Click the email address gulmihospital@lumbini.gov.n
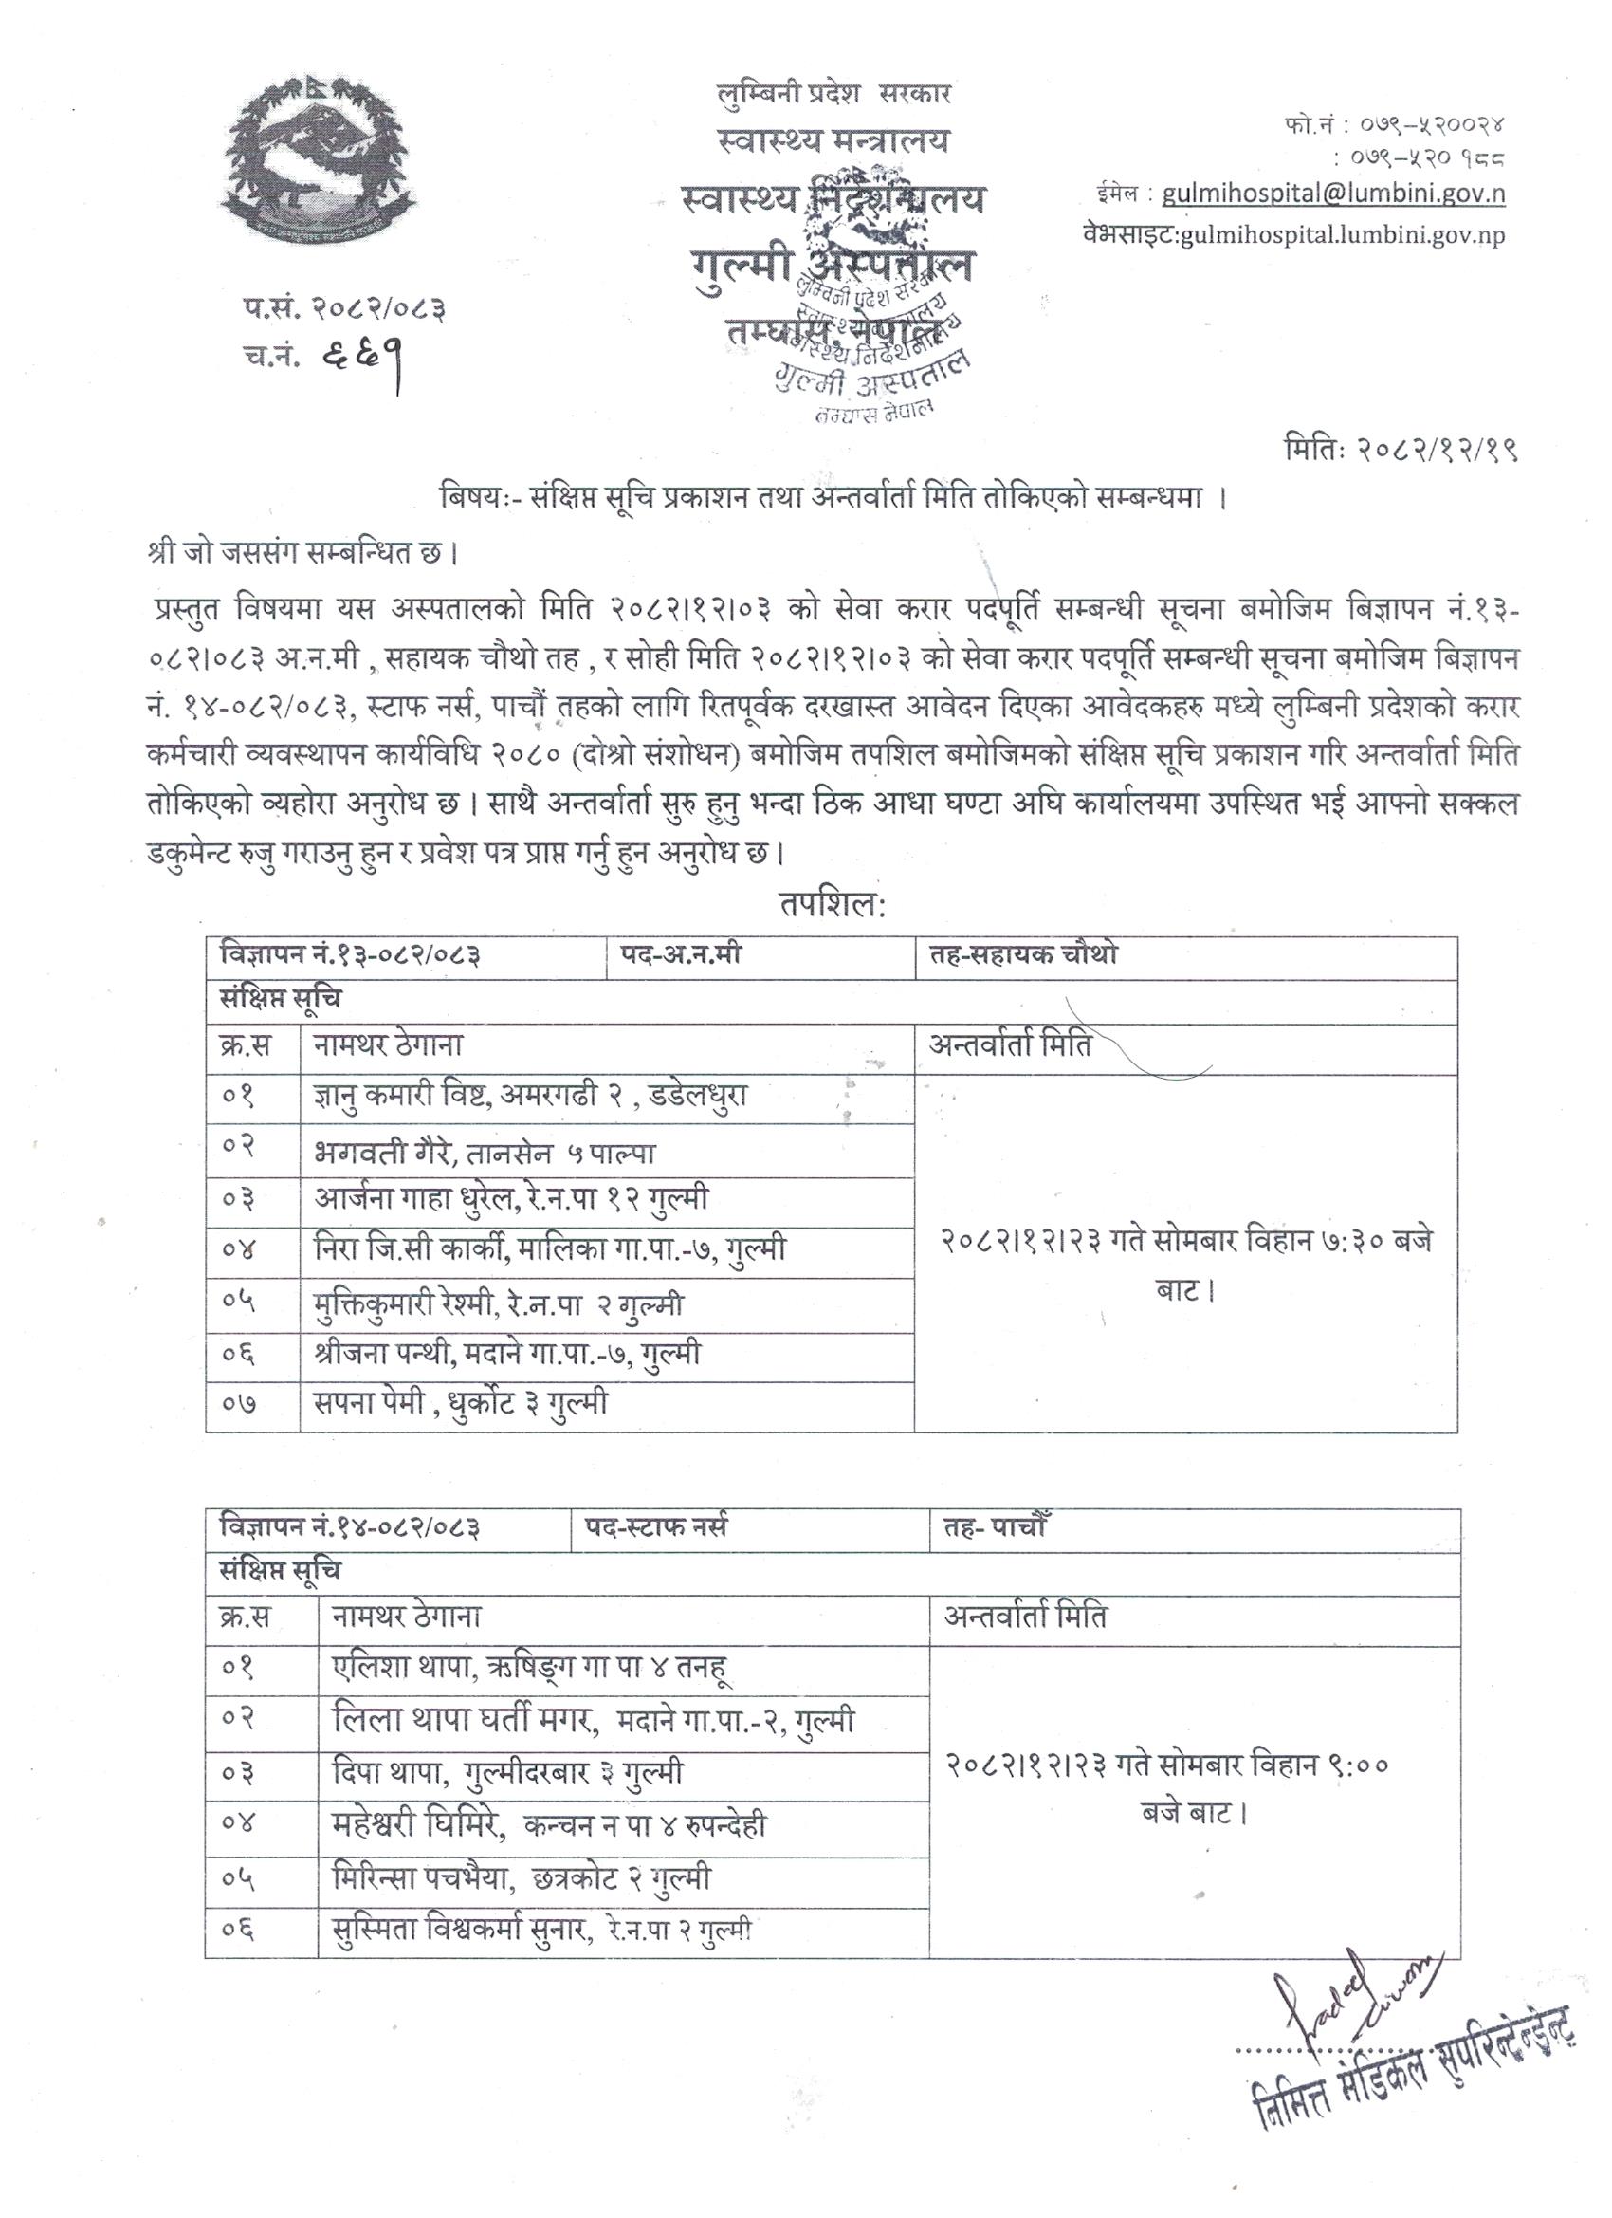point(1332,194)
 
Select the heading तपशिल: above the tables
point(832,906)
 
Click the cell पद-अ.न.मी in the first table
point(681,953)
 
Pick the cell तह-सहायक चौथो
point(1017,953)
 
